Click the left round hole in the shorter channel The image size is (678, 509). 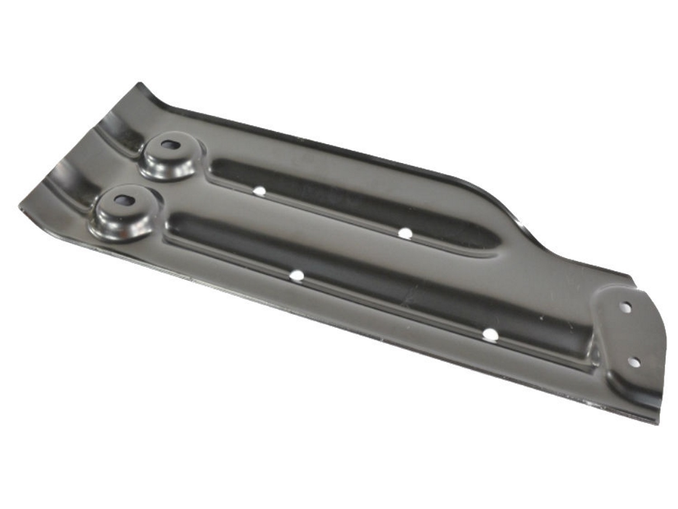pos(259,191)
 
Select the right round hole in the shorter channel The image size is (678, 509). pos(405,233)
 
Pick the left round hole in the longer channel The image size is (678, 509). pos(297,275)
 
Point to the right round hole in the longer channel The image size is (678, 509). pos(490,334)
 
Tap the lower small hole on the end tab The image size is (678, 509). pos(635,362)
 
